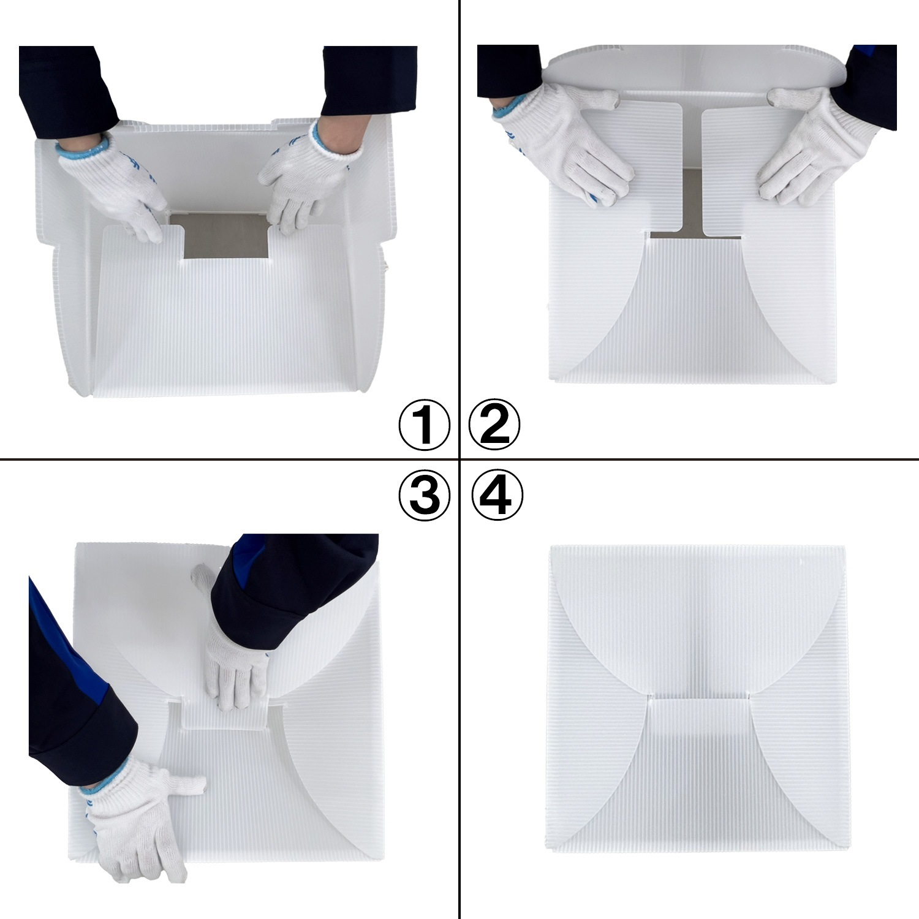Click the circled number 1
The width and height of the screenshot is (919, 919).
[x=425, y=425]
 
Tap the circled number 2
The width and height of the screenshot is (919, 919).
[x=494, y=425]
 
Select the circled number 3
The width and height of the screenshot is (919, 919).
[x=425, y=495]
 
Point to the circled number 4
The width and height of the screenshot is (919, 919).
[x=497, y=495]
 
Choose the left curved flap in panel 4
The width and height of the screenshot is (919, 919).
[x=600, y=772]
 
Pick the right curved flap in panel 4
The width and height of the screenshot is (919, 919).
[x=793, y=772]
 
